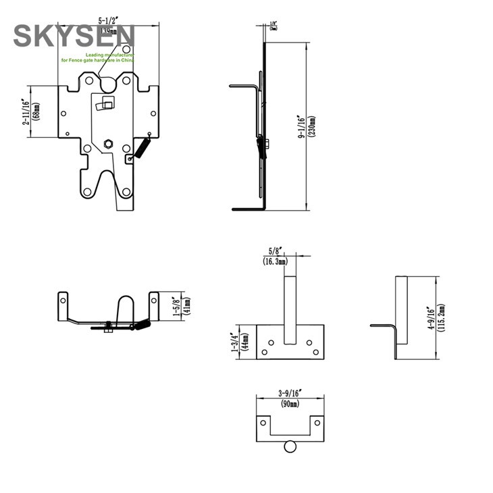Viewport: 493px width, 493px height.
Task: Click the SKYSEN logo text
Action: (x=74, y=35)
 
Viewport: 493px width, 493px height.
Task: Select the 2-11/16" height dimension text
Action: (x=26, y=111)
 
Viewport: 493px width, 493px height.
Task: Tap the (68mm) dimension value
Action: (x=36, y=111)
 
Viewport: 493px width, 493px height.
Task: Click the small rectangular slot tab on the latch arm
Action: (x=106, y=104)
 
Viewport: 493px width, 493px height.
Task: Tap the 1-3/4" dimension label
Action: (x=234, y=342)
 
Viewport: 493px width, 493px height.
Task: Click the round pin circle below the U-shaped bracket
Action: (x=290, y=446)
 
